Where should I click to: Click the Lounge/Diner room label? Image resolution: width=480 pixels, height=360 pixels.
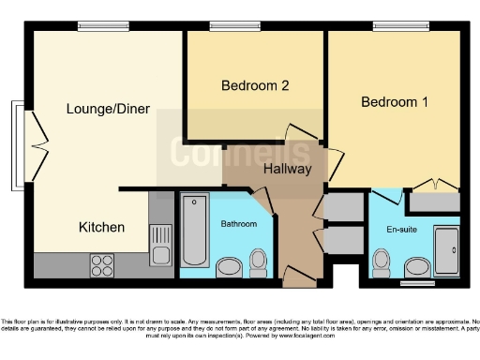[108, 109]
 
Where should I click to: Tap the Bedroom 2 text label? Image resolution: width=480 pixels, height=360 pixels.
[254, 85]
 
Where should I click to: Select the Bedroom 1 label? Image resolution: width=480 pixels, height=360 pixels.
[395, 101]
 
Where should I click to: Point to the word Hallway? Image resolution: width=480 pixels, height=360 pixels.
[288, 170]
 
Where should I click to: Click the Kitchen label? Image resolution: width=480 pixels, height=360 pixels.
[101, 227]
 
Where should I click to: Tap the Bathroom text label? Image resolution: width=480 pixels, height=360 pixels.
[238, 224]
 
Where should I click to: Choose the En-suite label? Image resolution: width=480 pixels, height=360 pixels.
[402, 228]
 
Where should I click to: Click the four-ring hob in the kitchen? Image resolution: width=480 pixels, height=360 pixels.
[101, 265]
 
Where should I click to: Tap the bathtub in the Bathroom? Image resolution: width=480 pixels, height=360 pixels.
[194, 230]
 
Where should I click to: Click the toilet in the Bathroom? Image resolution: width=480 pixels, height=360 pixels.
[260, 263]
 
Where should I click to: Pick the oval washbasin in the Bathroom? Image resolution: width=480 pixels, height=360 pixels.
[228, 268]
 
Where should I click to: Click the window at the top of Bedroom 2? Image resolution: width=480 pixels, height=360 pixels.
[222, 26]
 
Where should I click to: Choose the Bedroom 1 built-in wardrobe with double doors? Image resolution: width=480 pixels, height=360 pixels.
[434, 200]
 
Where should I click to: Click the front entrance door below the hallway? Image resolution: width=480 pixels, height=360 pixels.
[299, 277]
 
